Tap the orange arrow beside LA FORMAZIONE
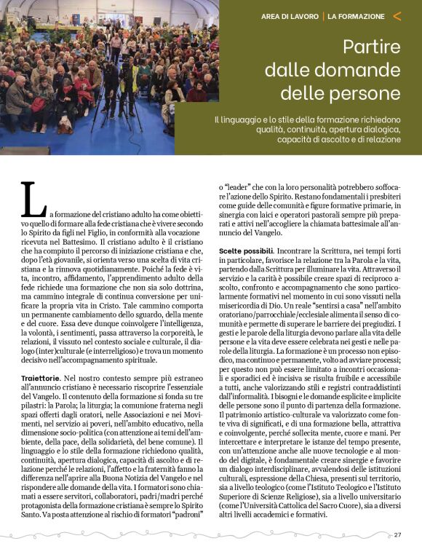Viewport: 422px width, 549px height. (397, 15)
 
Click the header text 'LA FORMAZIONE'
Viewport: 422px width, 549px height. (356, 16)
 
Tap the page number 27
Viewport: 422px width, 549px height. (398, 534)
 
